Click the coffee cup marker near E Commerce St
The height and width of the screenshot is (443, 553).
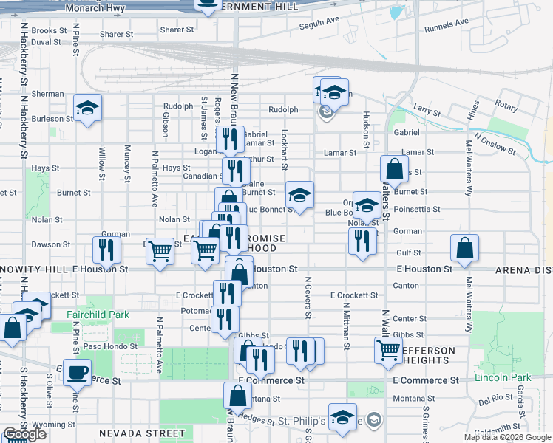pyautogui.click(x=77, y=371)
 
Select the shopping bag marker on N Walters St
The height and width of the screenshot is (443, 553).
pyautogui.click(x=394, y=169)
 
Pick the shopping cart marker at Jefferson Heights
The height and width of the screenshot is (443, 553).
pyautogui.click(x=387, y=350)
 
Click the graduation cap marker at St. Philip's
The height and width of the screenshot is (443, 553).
pyautogui.click(x=342, y=417)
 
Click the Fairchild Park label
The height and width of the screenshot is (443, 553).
pyautogui.click(x=98, y=315)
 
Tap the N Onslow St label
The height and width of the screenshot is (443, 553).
pyautogui.click(x=495, y=142)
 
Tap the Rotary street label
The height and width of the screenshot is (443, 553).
pyautogui.click(x=506, y=106)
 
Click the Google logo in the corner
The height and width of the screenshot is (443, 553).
pyautogui.click(x=24, y=434)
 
